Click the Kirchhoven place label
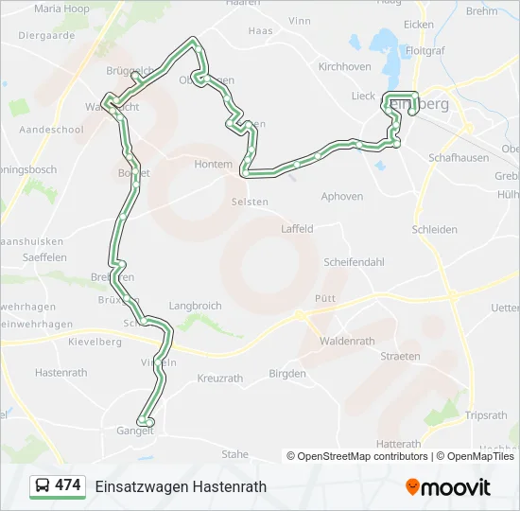344,67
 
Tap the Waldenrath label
347,342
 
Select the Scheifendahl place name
355,262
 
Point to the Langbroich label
195,307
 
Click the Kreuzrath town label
220,379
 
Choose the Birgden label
287,374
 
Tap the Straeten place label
400,357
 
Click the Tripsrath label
486,415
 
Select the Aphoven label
341,197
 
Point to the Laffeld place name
297,229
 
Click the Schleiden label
435,230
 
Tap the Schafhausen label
459,158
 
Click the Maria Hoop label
61,9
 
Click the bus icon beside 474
42,485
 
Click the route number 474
68,485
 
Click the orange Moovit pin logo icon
412,487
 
